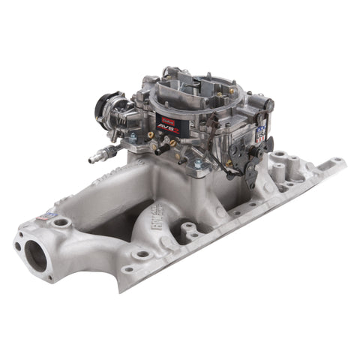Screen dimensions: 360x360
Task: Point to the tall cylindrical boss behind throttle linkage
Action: pyautogui.click(x=280, y=160)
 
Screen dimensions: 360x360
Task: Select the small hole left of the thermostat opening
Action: pyautogui.click(x=17, y=246)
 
